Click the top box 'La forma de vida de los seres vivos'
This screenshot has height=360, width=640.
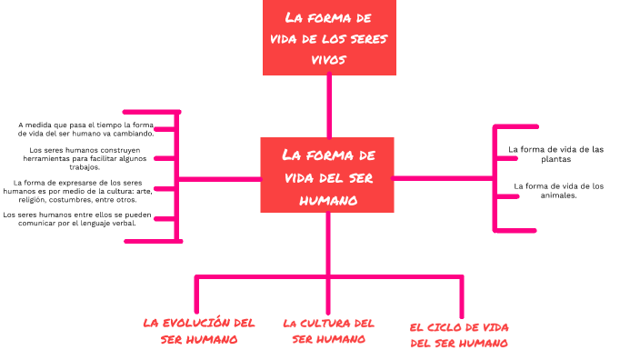tap(329, 38)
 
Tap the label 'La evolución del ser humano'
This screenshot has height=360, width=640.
tap(199, 331)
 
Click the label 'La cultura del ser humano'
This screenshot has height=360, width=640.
tap(328, 331)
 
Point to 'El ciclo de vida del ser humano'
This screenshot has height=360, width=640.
tap(458, 335)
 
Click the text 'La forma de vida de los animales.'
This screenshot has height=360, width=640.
tap(558, 190)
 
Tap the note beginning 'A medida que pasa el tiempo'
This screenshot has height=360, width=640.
tap(86, 128)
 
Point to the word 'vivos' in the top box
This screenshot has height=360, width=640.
tap(329, 59)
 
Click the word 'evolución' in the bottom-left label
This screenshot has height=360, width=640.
tap(202, 323)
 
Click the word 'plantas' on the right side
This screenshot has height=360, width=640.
tap(555, 159)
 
